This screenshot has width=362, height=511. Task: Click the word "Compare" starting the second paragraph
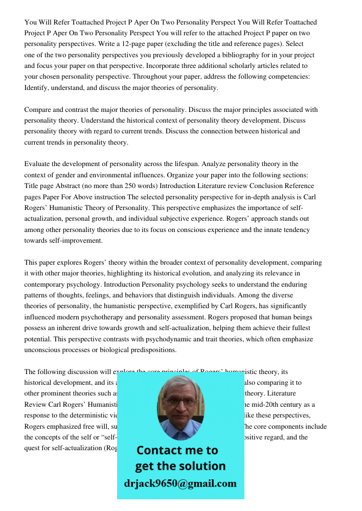tap(38, 109)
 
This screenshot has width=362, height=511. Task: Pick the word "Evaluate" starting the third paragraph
tap(38, 164)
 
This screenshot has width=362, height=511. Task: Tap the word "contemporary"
tap(48, 284)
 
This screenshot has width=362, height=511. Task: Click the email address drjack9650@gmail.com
tap(180, 483)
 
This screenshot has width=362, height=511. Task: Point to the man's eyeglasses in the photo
tap(180, 402)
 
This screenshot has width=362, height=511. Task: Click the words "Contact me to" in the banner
tap(177, 450)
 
